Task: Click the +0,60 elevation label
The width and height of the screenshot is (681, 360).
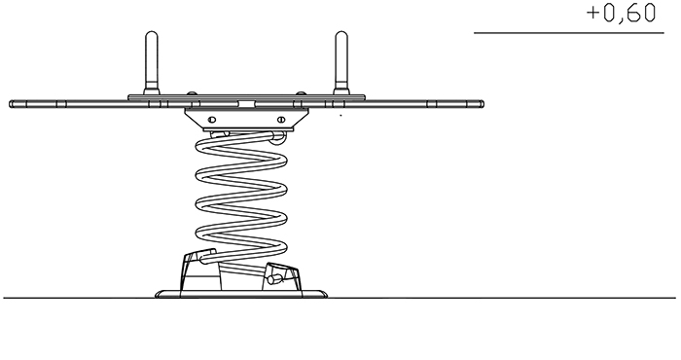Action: (x=621, y=14)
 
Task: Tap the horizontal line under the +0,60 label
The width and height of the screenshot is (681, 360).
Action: (x=569, y=32)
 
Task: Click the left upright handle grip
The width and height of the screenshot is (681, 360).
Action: (x=151, y=59)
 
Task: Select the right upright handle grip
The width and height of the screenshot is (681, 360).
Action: (x=341, y=59)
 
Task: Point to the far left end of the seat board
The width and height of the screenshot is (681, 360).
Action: (x=11, y=104)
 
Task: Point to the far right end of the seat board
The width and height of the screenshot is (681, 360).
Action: (x=483, y=104)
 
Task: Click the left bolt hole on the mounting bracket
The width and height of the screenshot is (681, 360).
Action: (x=212, y=120)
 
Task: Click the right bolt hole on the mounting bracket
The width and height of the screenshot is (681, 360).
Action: (x=280, y=120)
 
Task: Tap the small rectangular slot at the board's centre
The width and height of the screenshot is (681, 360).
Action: (x=246, y=104)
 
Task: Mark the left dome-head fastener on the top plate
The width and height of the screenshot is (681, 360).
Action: (x=191, y=93)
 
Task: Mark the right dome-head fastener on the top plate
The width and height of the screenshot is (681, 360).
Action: (x=301, y=93)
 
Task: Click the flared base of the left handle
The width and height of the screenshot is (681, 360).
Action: (x=151, y=91)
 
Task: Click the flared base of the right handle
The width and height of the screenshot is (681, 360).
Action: (x=341, y=91)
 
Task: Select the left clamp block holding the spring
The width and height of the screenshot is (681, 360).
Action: (x=200, y=270)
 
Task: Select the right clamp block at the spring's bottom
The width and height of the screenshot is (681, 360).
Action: (x=281, y=277)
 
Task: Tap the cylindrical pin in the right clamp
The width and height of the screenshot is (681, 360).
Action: (x=274, y=279)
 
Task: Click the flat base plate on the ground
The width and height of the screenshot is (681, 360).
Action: (x=241, y=295)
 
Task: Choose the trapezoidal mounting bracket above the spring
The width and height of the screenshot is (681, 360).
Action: (x=246, y=119)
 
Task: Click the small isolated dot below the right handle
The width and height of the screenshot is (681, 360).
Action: (x=340, y=116)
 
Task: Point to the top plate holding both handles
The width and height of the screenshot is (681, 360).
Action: (x=246, y=97)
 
